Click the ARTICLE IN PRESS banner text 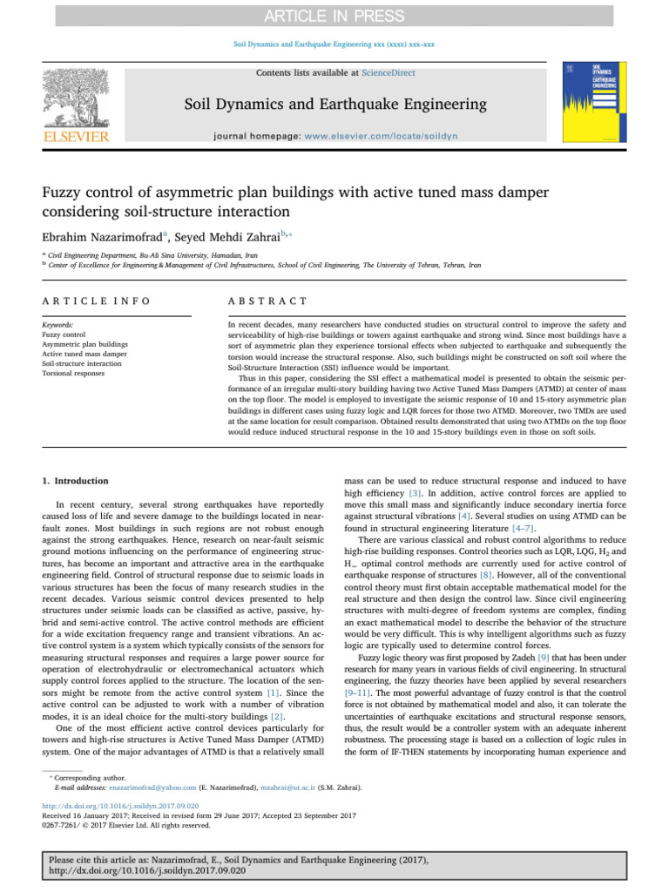point(334,17)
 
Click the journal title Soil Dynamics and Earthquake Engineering point(334,105)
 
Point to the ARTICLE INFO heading point(95,301)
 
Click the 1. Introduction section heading point(77,481)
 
